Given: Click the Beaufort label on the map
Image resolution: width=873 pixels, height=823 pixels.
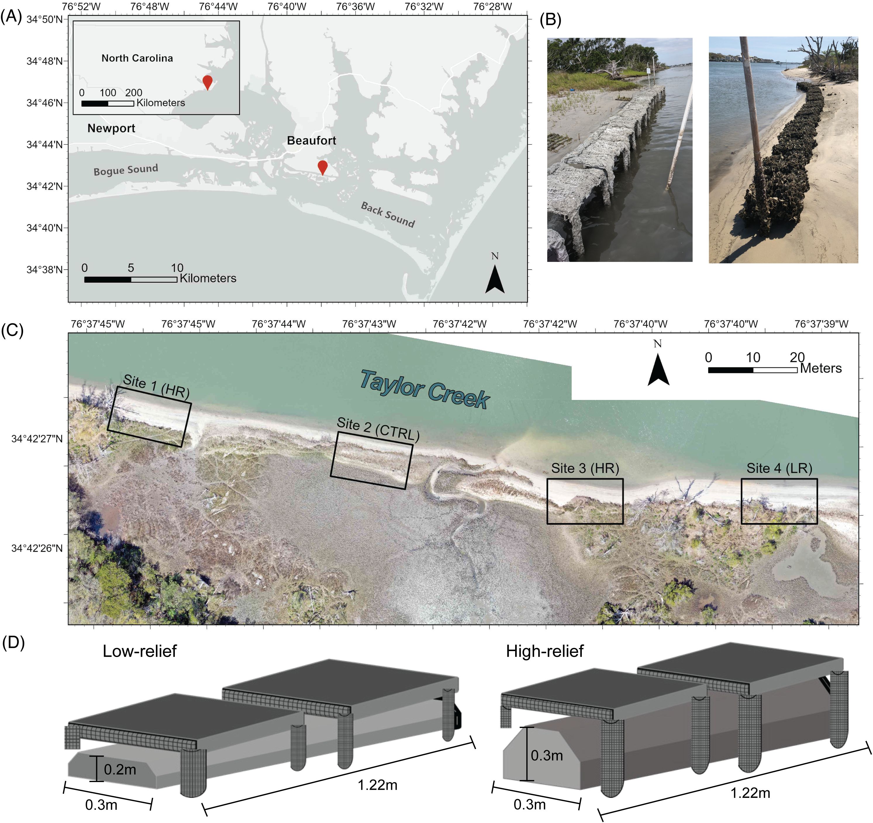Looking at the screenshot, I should (311, 141).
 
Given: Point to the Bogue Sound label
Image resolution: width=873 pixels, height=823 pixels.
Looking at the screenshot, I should (126, 170).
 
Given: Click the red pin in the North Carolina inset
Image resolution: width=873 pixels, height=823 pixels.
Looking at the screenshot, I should (207, 82).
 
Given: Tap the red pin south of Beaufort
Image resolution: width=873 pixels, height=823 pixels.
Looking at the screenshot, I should (322, 167).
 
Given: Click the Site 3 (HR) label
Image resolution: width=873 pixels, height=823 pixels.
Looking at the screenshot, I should (585, 468).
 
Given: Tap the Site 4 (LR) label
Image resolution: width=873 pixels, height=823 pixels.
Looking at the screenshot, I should (779, 468).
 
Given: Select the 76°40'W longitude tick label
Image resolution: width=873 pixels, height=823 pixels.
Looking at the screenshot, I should (287, 7).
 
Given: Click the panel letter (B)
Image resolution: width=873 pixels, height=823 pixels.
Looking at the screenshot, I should (550, 20).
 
